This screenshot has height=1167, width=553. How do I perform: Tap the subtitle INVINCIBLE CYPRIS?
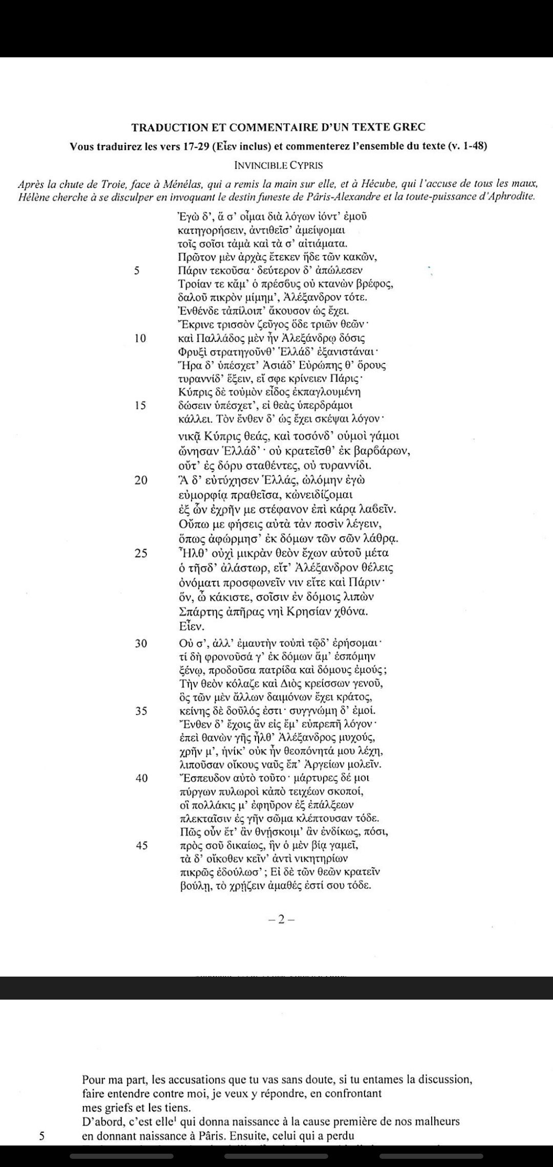(279, 165)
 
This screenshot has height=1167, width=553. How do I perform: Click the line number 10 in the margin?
(140, 338)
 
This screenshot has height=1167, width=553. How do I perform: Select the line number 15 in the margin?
(140, 405)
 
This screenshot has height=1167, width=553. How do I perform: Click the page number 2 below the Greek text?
(281, 920)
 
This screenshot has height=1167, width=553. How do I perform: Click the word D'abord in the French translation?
(98, 1121)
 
